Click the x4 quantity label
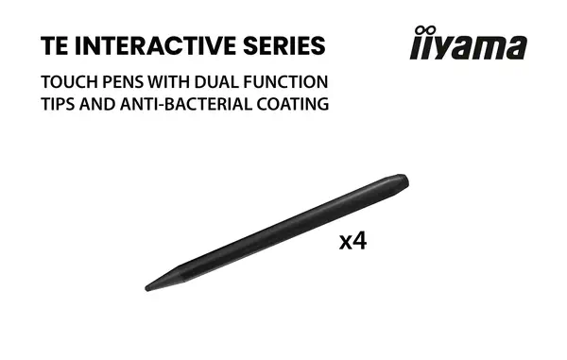(352, 241)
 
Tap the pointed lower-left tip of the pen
(148, 286)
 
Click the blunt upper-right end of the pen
(404, 178)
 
